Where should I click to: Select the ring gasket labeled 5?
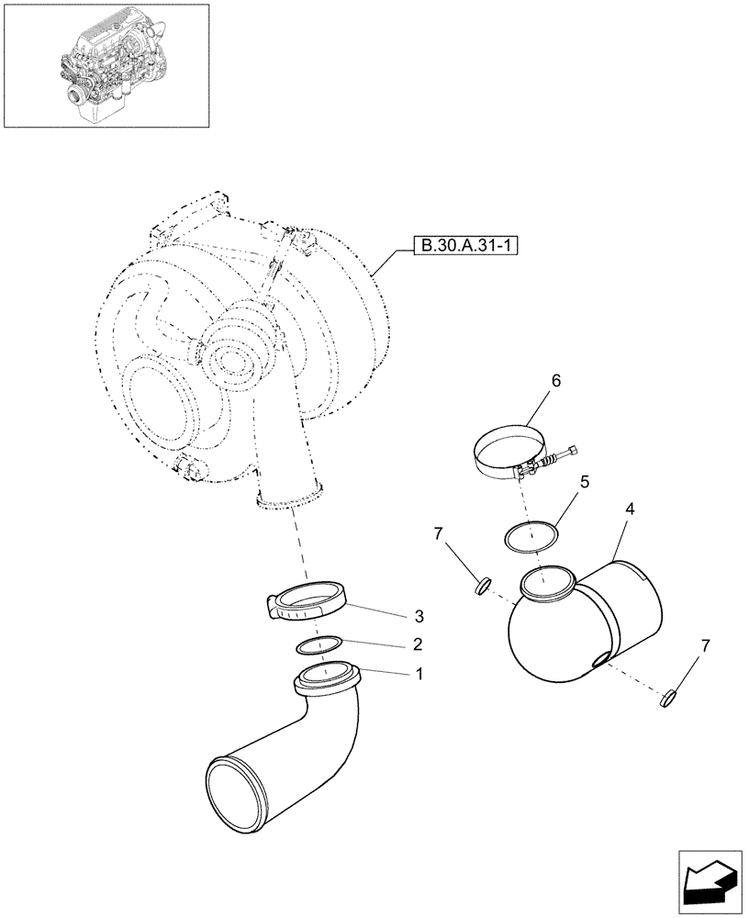531,537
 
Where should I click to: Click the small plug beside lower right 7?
667,700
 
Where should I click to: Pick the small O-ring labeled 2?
320,645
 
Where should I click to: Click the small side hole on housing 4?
598,660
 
